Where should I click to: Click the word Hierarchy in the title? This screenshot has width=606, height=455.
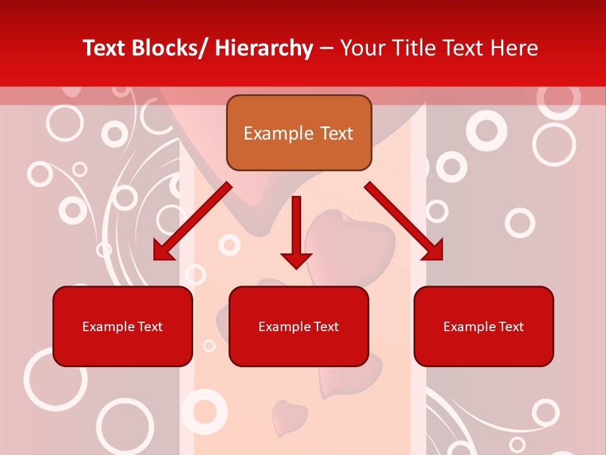264,48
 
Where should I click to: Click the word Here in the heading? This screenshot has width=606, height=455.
516,48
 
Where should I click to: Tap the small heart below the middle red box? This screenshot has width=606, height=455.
289,416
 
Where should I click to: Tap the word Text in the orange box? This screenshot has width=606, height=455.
336,133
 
